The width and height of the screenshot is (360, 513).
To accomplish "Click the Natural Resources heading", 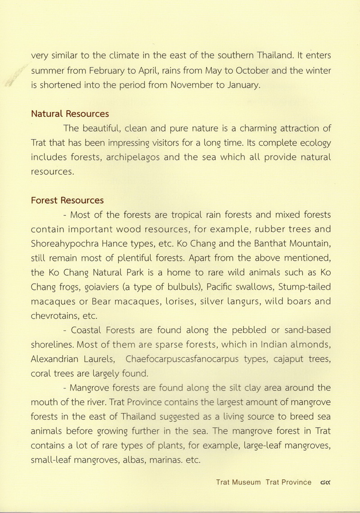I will (70, 114).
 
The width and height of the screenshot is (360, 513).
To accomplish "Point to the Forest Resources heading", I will (67, 200).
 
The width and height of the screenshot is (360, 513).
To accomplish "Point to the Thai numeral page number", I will (324, 482).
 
